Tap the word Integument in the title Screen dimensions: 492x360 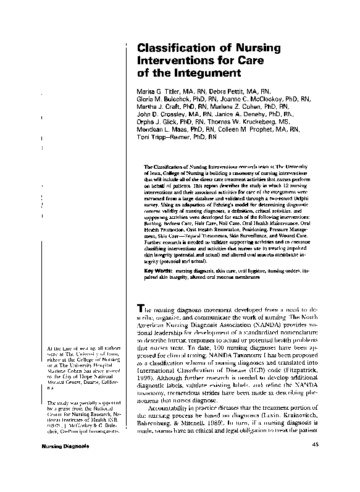click(x=204, y=74)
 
